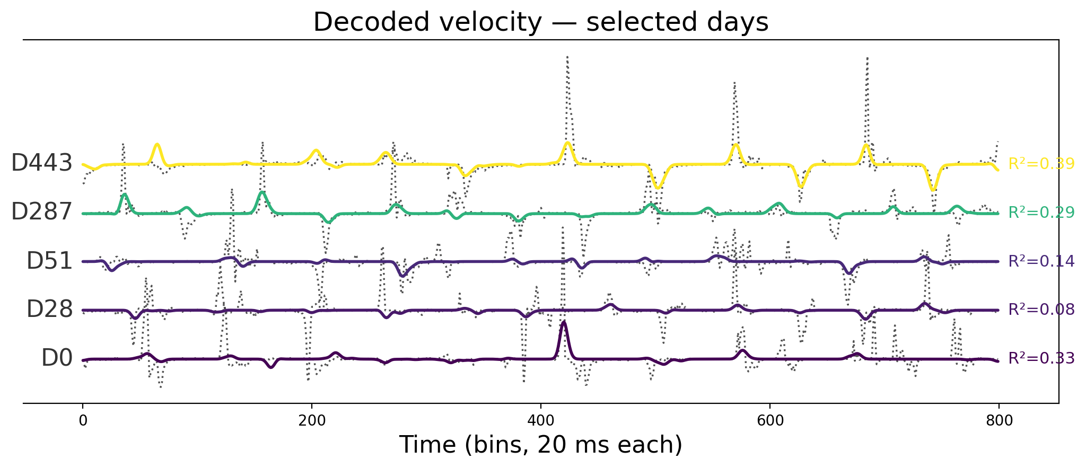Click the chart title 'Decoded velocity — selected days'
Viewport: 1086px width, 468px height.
click(541, 22)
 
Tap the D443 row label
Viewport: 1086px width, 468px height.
click(41, 164)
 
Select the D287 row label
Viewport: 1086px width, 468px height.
click(41, 212)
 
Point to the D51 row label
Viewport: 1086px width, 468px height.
click(49, 261)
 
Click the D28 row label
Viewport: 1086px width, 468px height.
click(49, 310)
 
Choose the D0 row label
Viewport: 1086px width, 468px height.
click(57, 359)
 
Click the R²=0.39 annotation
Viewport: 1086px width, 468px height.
click(1041, 164)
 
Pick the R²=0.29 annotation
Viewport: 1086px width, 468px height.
click(1041, 213)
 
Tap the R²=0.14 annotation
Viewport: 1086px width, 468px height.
click(1041, 261)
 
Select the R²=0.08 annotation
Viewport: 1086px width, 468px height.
click(1041, 310)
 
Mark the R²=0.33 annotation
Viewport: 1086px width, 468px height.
click(1041, 359)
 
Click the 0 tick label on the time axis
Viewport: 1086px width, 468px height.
click(83, 421)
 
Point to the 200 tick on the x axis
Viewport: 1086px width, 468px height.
click(312, 421)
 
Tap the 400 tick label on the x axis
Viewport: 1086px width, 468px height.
click(541, 421)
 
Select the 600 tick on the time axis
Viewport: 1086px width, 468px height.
click(770, 421)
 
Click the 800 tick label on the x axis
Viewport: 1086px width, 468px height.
click(999, 421)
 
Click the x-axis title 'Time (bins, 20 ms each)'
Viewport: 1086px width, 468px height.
click(541, 445)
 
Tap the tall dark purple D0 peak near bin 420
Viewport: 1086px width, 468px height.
click(564, 323)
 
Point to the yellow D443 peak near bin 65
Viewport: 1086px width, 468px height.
click(157, 145)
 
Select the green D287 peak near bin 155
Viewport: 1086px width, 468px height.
click(262, 192)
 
